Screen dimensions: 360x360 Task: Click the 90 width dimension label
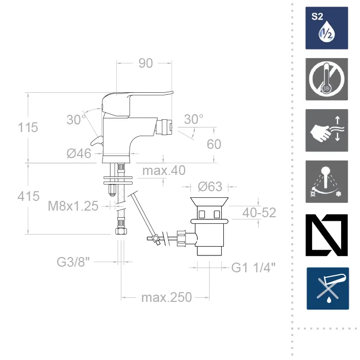145,63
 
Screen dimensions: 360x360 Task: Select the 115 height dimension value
28,127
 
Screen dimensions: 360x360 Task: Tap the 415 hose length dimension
29,196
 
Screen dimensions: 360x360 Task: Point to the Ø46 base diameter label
79,153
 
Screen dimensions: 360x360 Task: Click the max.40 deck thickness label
164,170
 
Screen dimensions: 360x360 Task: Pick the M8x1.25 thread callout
73,206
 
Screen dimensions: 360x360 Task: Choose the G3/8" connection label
73,262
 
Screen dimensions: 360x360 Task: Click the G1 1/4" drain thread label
253,268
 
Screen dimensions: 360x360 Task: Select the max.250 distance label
166,298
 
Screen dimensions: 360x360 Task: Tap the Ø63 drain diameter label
210,187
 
